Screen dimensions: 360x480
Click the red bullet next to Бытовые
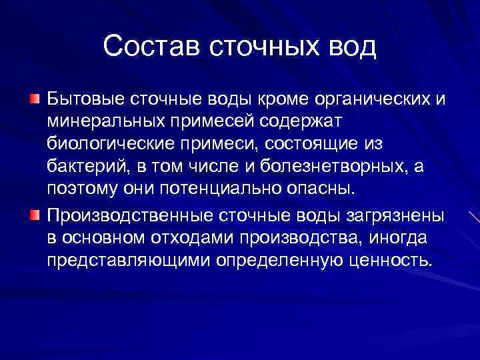[34, 100]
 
